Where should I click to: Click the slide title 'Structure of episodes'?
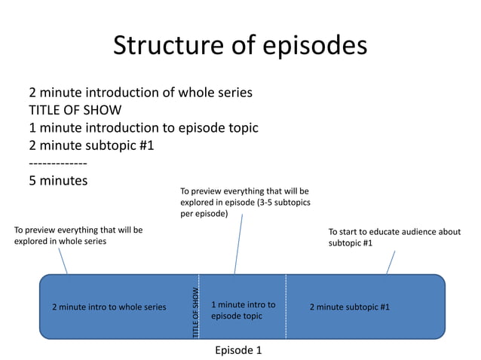(240, 47)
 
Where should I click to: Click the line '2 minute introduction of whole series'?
(140, 93)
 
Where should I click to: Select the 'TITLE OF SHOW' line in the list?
(75, 111)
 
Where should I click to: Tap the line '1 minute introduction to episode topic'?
(143, 128)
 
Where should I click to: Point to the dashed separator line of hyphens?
(57, 163)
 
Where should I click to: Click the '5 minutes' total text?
(58, 181)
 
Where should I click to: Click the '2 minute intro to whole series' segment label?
(109, 307)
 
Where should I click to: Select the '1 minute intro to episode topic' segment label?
(243, 310)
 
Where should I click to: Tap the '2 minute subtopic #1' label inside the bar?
(350, 307)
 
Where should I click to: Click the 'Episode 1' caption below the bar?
(238, 350)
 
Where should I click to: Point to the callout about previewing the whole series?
(78, 236)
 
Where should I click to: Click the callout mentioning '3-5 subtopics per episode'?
(245, 203)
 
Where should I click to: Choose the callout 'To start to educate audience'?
(394, 237)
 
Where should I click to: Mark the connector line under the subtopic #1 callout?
(391, 263)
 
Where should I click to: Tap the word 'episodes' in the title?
(314, 47)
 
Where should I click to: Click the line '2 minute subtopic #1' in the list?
(91, 145)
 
